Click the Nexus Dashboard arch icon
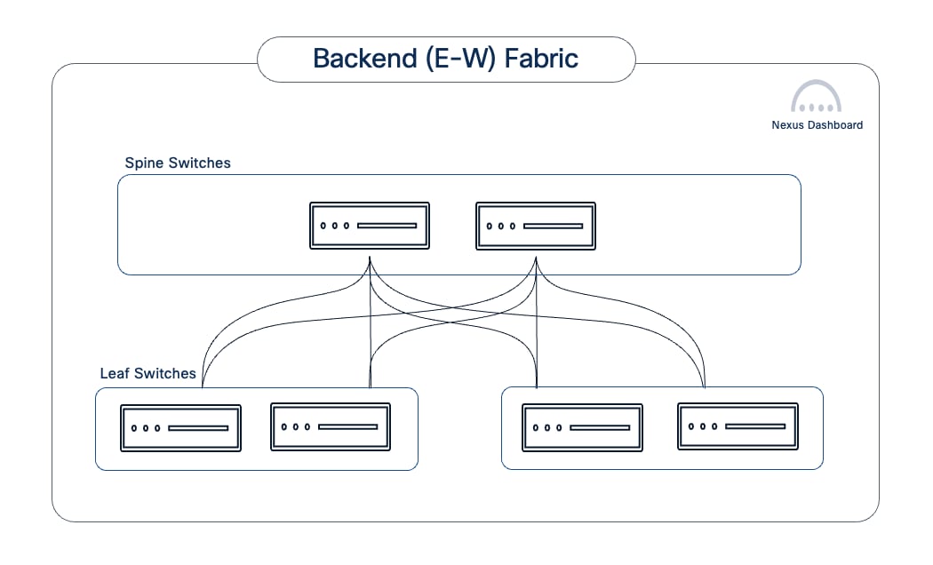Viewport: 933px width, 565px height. [x=816, y=97]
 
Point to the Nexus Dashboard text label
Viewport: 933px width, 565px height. [x=817, y=125]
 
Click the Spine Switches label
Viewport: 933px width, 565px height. [x=178, y=163]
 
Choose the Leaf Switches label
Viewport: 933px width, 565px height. [x=148, y=373]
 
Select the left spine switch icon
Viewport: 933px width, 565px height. [x=370, y=226]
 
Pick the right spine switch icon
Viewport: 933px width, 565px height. [x=536, y=226]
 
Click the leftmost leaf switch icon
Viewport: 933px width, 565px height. [x=181, y=427]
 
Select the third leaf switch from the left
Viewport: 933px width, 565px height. [x=582, y=427]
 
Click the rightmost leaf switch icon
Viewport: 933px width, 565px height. [x=738, y=426]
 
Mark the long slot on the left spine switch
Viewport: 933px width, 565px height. [x=387, y=226]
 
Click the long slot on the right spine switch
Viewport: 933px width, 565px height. [x=553, y=226]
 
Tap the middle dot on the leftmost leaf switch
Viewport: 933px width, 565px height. [x=146, y=427]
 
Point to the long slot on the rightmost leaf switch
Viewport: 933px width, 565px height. [x=755, y=426]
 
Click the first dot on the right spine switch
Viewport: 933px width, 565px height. [x=490, y=226]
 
